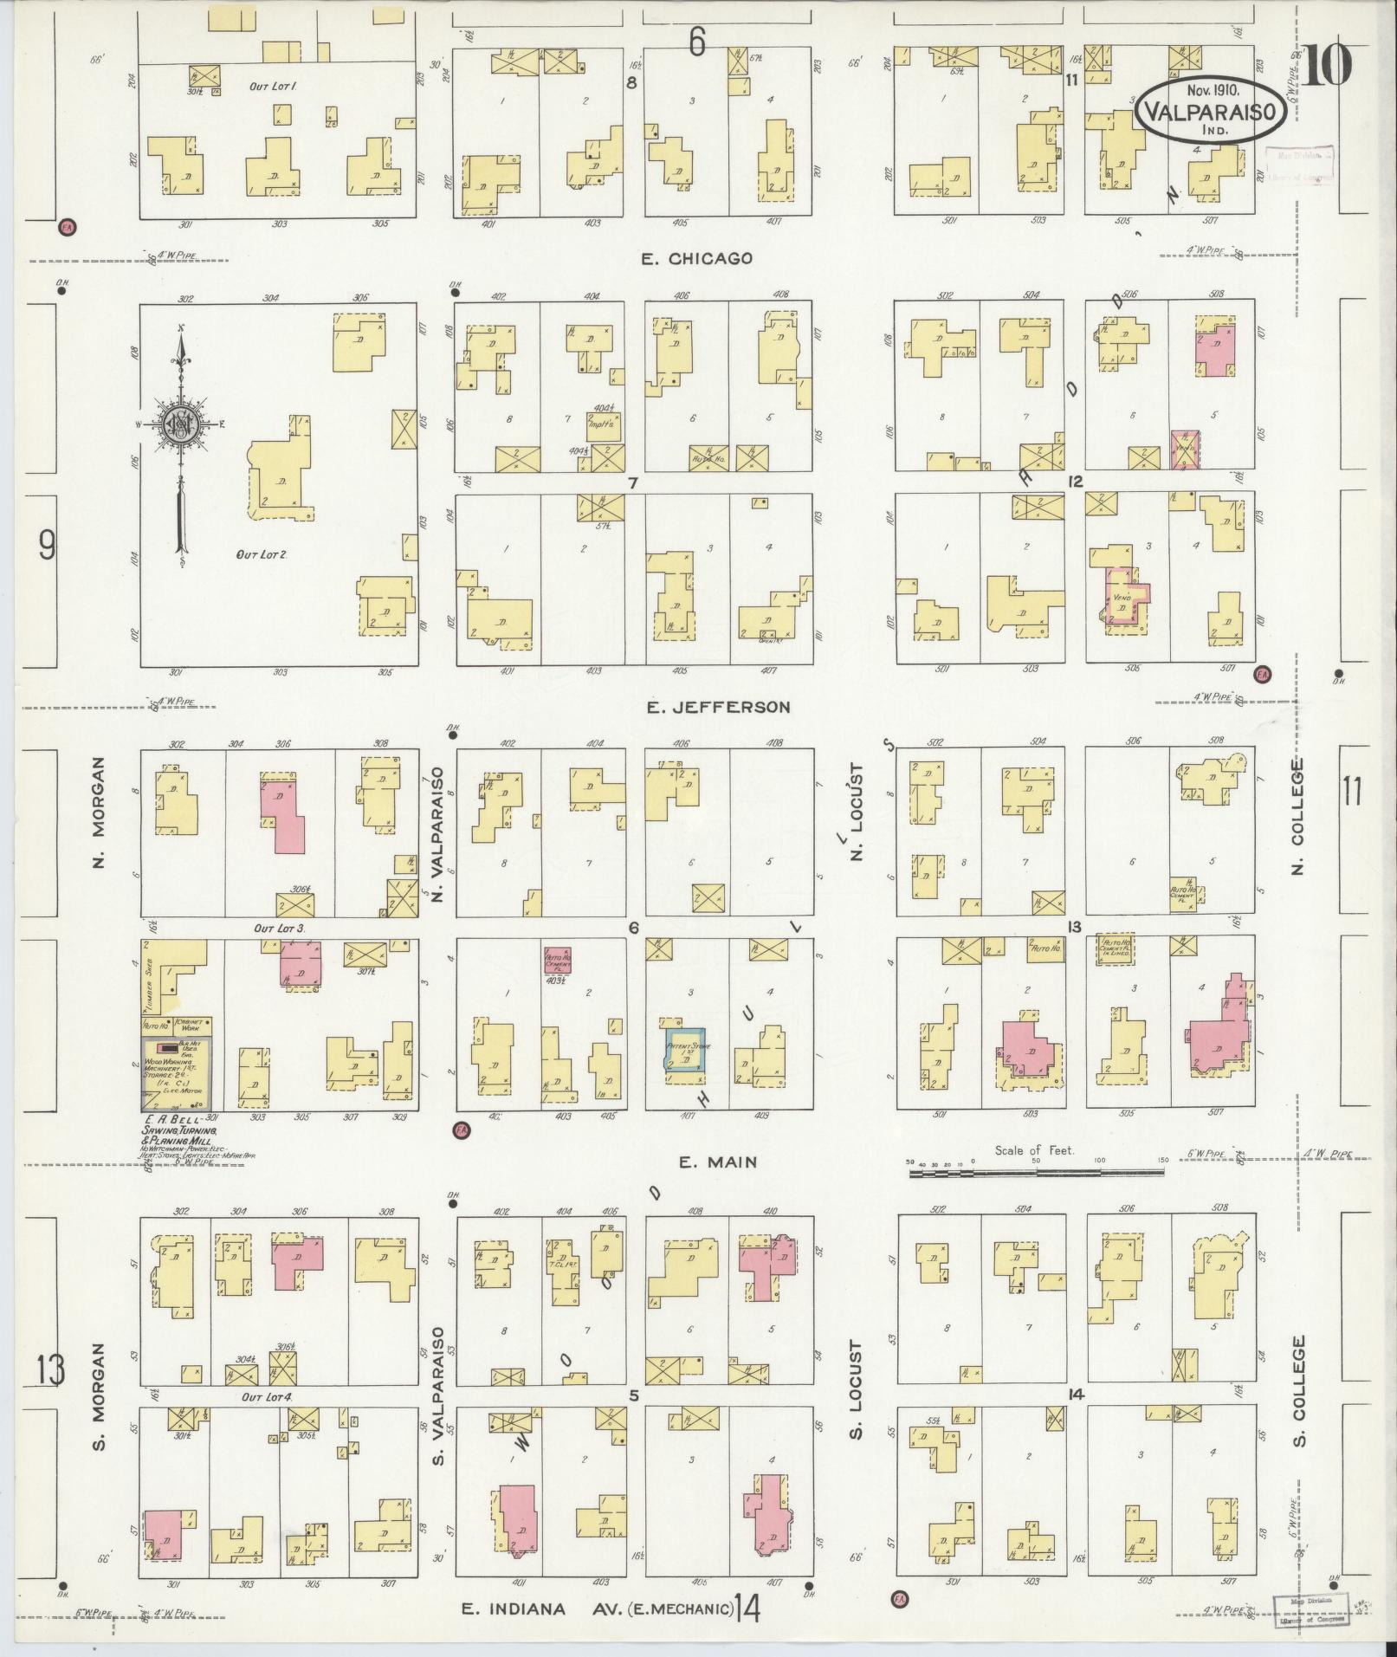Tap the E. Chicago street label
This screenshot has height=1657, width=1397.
pos(696,258)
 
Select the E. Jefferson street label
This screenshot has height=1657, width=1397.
pos(719,707)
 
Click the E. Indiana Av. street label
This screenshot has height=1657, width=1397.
pos(598,1609)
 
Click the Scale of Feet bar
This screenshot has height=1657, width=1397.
pos(1035,1172)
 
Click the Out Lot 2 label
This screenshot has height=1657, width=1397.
pos(261,554)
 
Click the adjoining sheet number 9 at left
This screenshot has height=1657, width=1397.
pos(48,545)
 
